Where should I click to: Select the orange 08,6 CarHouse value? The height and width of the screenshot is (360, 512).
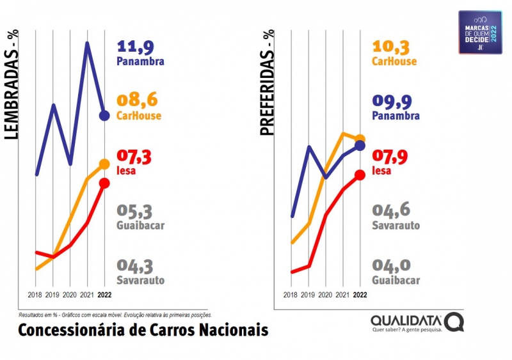click(137, 100)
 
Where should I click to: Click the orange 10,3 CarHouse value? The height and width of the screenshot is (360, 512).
click(390, 47)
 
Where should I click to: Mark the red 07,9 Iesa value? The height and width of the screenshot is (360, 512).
click(390, 157)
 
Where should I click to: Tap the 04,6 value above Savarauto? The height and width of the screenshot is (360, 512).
click(390, 211)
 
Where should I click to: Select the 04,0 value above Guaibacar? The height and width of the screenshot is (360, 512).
click(390, 265)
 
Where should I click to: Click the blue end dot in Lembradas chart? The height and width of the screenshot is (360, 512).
click(104, 116)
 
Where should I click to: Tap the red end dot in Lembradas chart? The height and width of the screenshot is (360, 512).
click(104, 184)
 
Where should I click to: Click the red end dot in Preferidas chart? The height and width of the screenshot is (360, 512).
click(360, 175)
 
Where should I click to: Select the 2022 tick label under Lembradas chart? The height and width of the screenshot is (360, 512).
click(104, 295)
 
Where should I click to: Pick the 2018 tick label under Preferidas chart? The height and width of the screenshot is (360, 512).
click(291, 295)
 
